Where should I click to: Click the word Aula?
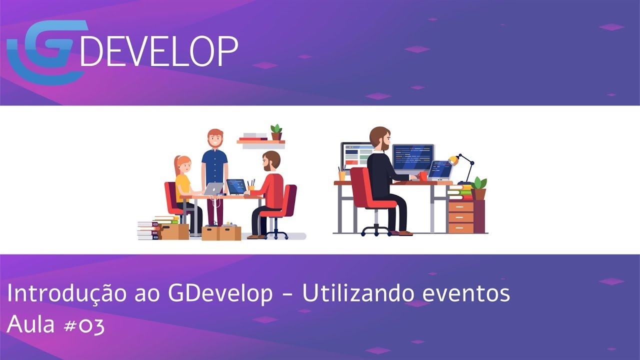[x=31, y=325]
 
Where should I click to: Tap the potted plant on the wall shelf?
[x=276, y=132]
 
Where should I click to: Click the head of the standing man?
[x=215, y=138]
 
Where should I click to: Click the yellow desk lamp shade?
[x=453, y=160]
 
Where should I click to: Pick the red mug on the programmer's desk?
[x=423, y=176]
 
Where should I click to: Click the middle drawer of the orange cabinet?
[x=460, y=217]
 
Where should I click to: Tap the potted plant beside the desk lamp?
[x=479, y=187]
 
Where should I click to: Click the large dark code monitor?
[x=413, y=157]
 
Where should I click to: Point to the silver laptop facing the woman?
[x=213, y=188]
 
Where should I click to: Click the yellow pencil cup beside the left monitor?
[x=342, y=175]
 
